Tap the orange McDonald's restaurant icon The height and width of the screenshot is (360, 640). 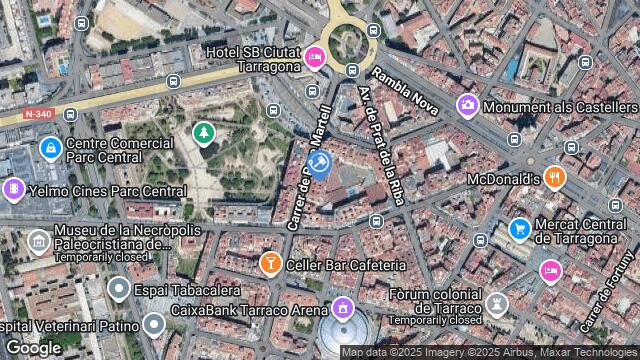click(556, 178)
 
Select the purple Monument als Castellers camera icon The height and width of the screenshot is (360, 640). click(467, 105)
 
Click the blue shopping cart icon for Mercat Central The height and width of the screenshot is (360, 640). click(519, 229)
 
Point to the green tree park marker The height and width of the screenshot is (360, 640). click(204, 132)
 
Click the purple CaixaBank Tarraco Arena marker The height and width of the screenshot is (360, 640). click(344, 307)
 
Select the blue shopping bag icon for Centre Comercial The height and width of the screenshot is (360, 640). click(50, 149)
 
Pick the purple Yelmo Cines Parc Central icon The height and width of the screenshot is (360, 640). click(14, 188)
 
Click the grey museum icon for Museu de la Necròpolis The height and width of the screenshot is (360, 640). click(38, 241)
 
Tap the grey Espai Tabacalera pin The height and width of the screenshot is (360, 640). click(119, 290)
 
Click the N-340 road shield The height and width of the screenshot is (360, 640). click(38, 114)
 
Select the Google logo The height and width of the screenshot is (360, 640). click(33, 347)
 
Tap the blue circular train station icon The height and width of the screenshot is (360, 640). click(319, 162)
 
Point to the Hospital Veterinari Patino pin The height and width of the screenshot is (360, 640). click(153, 324)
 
